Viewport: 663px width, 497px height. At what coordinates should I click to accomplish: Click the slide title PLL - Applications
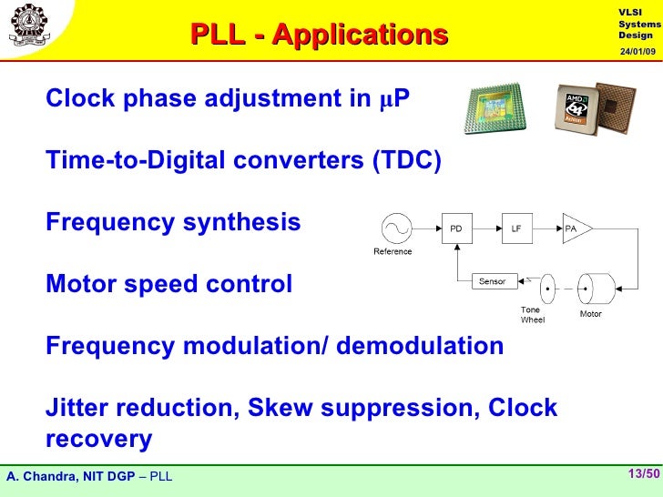point(319,35)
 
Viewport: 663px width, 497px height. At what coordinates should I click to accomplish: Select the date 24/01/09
point(637,50)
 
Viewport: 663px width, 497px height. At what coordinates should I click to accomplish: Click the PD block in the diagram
point(455,228)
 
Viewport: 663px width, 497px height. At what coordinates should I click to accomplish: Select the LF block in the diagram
point(515,228)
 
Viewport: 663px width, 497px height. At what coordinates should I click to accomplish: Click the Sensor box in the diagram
point(494,281)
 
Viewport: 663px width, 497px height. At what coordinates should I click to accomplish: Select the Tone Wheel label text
point(531,315)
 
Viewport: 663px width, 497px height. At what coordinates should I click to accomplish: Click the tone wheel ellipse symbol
point(547,289)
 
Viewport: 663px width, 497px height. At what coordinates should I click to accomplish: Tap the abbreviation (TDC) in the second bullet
point(406,161)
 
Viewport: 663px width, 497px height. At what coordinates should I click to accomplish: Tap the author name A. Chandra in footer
point(39,476)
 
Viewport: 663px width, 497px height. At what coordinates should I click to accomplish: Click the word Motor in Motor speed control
point(77,284)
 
